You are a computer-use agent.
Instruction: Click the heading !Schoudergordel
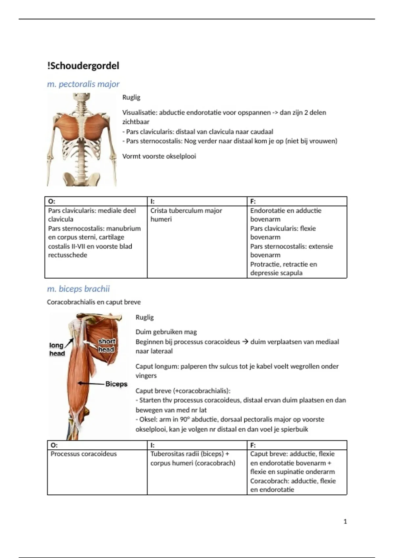(83, 66)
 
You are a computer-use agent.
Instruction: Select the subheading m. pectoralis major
(83, 84)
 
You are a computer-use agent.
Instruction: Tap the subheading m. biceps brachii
(78, 289)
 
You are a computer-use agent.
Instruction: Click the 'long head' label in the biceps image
(57, 349)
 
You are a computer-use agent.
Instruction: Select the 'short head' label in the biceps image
(106, 345)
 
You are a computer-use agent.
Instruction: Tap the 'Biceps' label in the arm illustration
(116, 384)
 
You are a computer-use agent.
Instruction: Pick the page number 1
(345, 522)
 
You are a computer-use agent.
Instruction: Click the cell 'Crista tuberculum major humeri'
(186, 215)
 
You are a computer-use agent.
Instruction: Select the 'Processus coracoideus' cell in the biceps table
(83, 454)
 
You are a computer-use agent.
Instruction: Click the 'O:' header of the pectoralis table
(52, 201)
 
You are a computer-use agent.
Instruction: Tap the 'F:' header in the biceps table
(253, 445)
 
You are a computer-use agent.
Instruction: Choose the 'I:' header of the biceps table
(152, 445)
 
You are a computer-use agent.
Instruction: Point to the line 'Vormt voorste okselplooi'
(159, 156)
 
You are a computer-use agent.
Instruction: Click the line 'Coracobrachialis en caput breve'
(94, 302)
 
